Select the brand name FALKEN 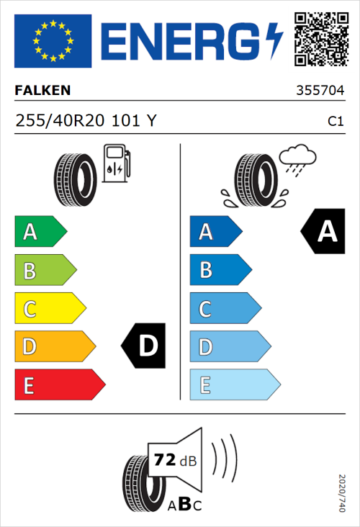pyautogui.click(x=42, y=91)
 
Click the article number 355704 pyautogui.click(x=320, y=91)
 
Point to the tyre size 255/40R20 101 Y pyautogui.click(x=85, y=122)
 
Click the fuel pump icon pyautogui.click(x=116, y=163)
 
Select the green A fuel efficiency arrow pyautogui.click(x=40, y=232)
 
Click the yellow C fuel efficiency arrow pyautogui.click(x=49, y=309)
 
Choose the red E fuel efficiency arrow pyautogui.click(x=59, y=385)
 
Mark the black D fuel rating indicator pyautogui.click(x=145, y=346)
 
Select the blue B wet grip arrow pyautogui.click(x=220, y=270)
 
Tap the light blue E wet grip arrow pyautogui.click(x=234, y=385)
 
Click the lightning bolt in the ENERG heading pyautogui.click(x=274, y=40)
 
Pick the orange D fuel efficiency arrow pyautogui.click(x=54, y=347)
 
